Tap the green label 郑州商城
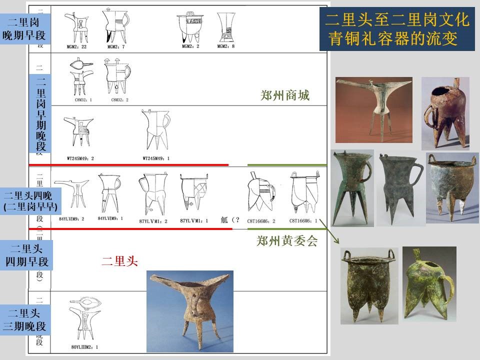285,95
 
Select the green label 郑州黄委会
287,241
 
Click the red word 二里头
119,260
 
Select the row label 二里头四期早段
27,254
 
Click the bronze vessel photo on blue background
189,311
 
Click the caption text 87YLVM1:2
153,220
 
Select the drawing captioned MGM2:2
190,27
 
